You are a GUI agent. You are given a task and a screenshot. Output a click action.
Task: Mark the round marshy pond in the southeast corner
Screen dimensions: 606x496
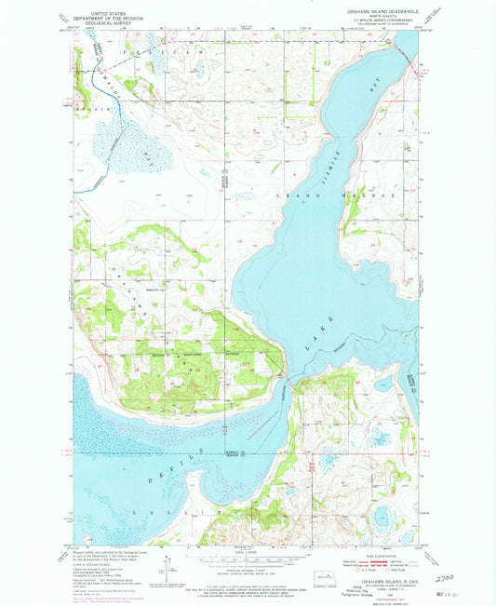coord(382,518)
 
